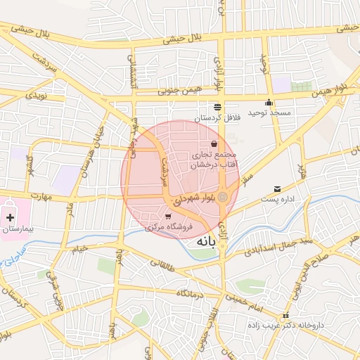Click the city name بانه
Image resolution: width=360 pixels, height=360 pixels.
(x=202, y=241)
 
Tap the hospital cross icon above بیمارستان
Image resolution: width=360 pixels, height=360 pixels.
(x=10, y=219)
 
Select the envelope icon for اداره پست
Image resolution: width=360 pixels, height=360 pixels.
(x=278, y=189)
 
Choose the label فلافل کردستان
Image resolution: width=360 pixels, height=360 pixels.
(x=217, y=118)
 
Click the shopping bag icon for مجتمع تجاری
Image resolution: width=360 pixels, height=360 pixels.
(x=214, y=144)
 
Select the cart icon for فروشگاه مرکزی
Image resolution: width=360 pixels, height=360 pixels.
(x=168, y=216)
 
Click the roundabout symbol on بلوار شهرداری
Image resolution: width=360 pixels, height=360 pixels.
(x=222, y=197)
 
